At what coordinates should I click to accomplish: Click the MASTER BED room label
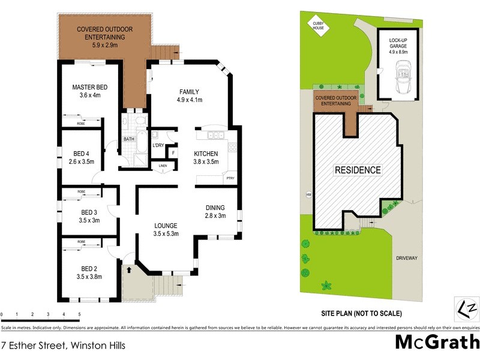[x=86, y=88]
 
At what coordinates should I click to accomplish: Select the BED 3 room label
[x=89, y=212]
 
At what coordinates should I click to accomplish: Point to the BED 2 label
[x=89, y=268]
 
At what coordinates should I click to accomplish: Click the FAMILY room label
[x=188, y=92]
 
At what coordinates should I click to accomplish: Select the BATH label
[x=129, y=139]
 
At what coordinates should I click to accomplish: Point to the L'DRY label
[x=158, y=145]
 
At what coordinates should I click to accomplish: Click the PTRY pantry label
[x=230, y=178]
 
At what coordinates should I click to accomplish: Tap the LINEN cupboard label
[x=163, y=166]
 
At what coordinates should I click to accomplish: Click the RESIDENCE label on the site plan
[x=358, y=170]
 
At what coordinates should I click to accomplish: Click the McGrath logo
[x=437, y=342]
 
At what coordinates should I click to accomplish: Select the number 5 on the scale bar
[x=79, y=314]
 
